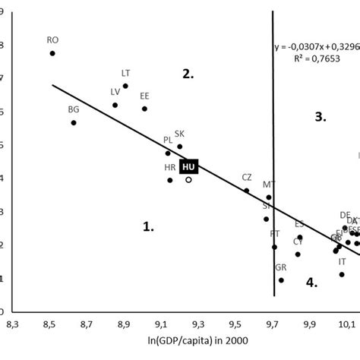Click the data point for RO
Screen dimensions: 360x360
[x=52, y=53]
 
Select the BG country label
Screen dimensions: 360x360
[x=74, y=109]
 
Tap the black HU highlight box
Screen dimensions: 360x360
[x=188, y=166]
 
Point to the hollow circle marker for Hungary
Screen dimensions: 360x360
[x=188, y=180]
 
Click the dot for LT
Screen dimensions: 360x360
[x=125, y=86]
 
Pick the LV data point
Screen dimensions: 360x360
[x=115, y=105]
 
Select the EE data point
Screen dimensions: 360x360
[x=144, y=109]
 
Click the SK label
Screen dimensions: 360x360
[x=179, y=134]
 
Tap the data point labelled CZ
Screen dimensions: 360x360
[x=246, y=191]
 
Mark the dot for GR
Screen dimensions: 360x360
[x=281, y=279]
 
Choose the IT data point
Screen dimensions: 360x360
[x=342, y=274]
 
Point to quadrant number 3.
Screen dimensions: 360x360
[x=321, y=116]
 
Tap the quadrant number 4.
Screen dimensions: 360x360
[x=311, y=282]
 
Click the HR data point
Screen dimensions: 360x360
[x=169, y=180]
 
